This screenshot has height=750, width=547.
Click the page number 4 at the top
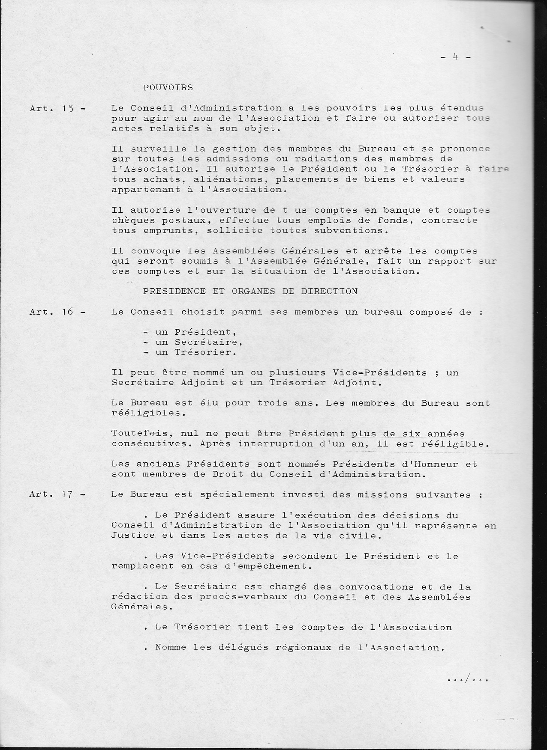(x=456, y=57)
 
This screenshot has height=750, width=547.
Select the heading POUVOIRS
(x=168, y=88)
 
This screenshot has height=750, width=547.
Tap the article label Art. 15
(x=57, y=109)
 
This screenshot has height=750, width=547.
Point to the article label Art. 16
(x=57, y=312)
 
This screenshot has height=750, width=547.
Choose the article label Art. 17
(x=57, y=494)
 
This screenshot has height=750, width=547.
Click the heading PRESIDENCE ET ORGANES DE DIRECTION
(x=250, y=292)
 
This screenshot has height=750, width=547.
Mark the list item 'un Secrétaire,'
(x=193, y=342)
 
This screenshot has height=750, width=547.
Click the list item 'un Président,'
(x=190, y=332)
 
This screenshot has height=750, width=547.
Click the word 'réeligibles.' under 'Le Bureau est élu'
(x=143, y=413)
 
